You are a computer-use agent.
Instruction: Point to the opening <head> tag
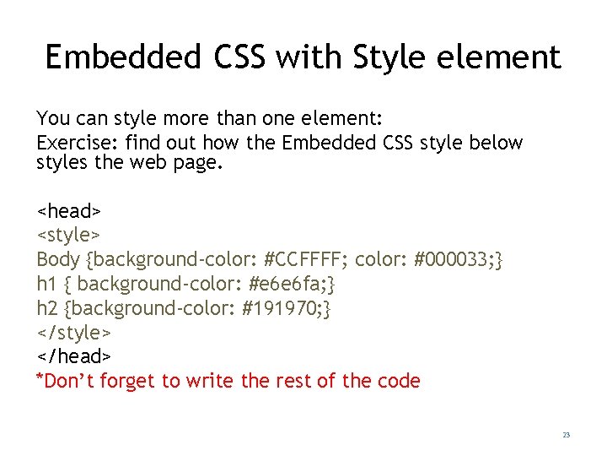(69, 209)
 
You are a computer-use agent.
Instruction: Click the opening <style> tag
(69, 233)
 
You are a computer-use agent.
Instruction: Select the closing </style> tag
(73, 332)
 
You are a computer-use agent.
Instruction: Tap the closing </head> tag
(73, 356)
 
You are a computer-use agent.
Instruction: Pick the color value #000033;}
(459, 258)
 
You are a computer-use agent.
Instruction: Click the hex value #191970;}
(287, 307)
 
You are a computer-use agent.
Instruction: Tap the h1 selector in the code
(45, 283)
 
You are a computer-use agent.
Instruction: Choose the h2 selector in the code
(46, 307)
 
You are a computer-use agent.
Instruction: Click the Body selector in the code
(58, 258)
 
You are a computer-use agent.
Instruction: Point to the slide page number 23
(566, 435)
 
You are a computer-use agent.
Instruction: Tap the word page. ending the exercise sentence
(199, 162)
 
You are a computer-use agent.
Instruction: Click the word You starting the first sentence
(52, 118)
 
